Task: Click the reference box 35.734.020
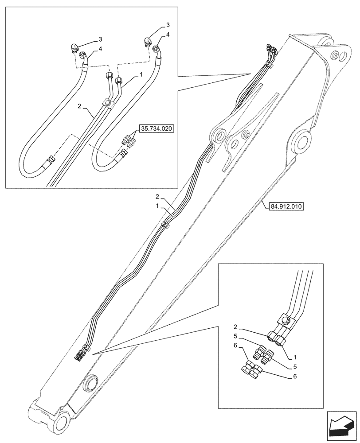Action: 157,129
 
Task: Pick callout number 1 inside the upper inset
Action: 141,76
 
